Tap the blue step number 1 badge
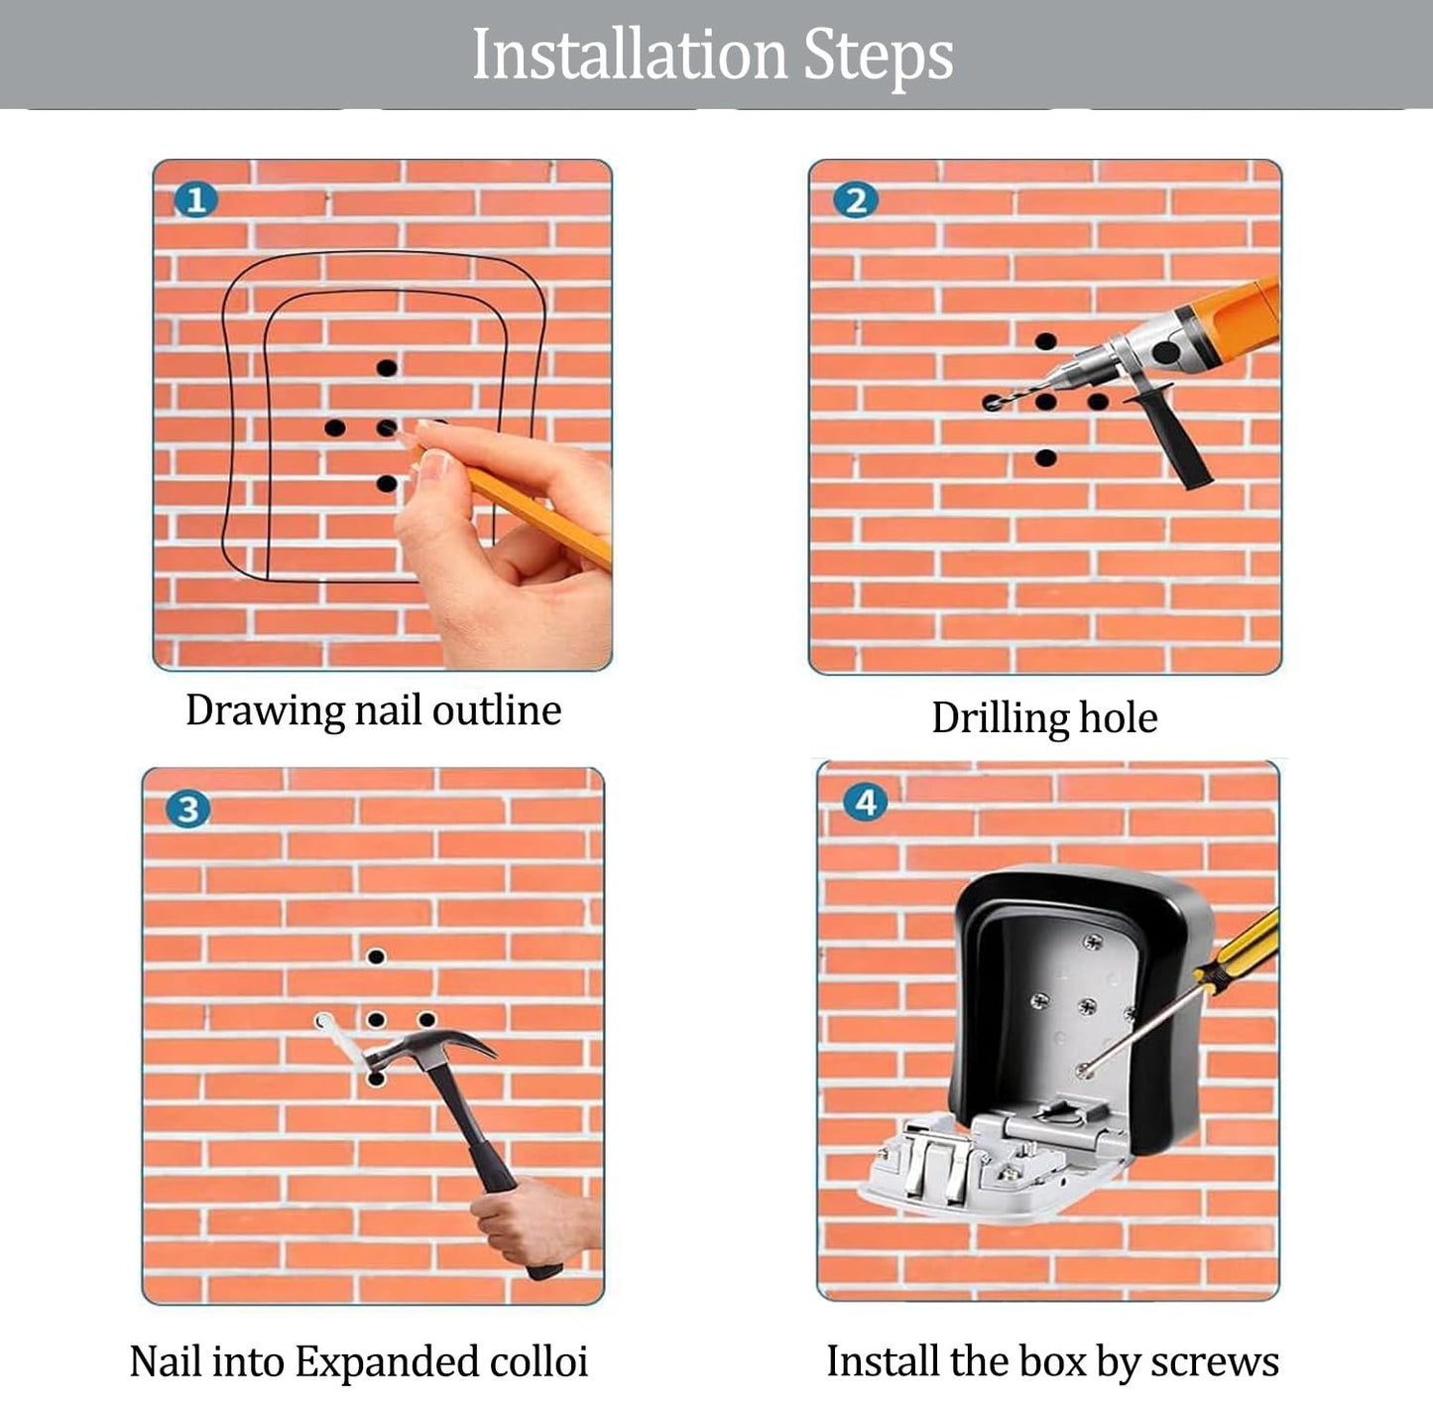pos(195,200)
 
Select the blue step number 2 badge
pos(856,200)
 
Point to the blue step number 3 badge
pos(188,809)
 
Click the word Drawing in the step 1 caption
pos(265,710)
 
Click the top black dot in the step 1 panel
pos(387,367)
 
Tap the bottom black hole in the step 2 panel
pos(1045,457)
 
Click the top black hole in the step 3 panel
pos(376,957)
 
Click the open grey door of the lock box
pos(997,1168)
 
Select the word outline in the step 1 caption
pos(497,710)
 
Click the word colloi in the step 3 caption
pos(538,1362)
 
